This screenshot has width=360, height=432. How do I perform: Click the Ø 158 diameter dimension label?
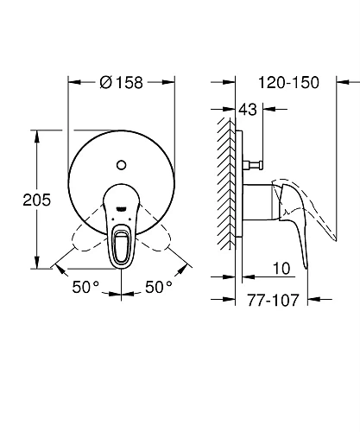[121, 84]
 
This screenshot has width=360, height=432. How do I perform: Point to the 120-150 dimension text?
[288, 83]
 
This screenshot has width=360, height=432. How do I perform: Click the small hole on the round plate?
[121, 162]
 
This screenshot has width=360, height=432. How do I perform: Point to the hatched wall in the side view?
[229, 190]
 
